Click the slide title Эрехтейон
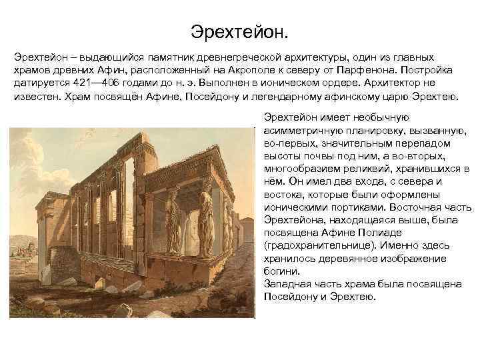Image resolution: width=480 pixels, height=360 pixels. (x=240, y=31)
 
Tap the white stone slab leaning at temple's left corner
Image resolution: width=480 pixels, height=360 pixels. (x=46, y=273)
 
